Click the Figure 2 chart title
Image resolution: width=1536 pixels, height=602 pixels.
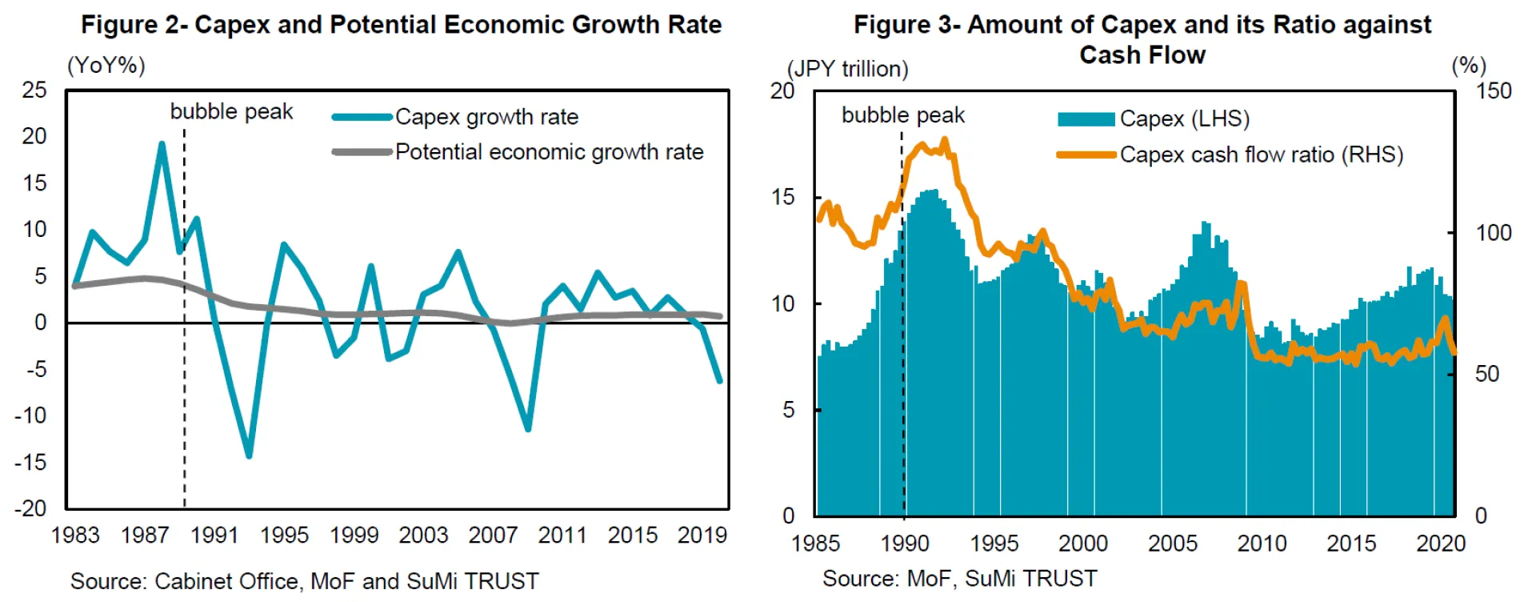(x=401, y=25)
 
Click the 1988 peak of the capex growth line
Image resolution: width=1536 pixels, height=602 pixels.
(x=162, y=144)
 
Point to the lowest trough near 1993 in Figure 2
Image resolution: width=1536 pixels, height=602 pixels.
(x=249, y=456)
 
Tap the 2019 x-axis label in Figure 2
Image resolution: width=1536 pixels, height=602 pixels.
(x=702, y=535)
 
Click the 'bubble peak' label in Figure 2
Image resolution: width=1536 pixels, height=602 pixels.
(x=231, y=111)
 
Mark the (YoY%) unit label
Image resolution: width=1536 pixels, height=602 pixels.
(x=106, y=65)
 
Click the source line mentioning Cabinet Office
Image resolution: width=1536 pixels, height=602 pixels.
(x=304, y=580)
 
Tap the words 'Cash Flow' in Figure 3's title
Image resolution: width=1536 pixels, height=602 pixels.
(x=1142, y=55)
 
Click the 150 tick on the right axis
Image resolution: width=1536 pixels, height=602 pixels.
(x=1493, y=90)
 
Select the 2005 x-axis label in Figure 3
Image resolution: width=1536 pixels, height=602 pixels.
(x=1172, y=543)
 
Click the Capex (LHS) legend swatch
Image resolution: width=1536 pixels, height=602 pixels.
(x=1086, y=119)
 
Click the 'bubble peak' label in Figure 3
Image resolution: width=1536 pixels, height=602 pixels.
(x=902, y=115)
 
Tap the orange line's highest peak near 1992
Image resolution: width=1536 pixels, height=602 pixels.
(x=945, y=140)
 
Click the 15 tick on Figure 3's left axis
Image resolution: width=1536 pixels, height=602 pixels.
(x=782, y=197)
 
